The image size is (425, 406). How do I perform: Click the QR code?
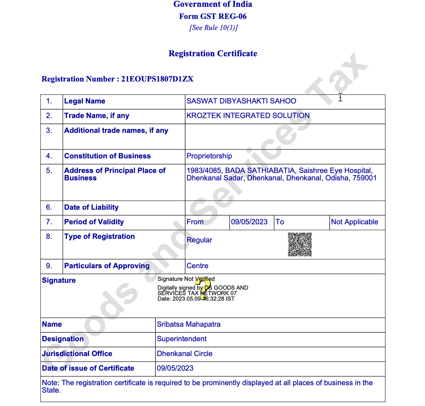[300, 244]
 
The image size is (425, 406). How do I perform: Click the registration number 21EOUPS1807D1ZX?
[157, 79]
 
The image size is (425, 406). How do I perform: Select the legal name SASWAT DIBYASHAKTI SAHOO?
[241, 101]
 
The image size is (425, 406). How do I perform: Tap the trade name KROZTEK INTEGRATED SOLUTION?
[248, 116]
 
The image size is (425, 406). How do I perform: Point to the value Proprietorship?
[209, 156]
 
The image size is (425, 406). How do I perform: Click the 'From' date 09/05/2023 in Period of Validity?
[249, 222]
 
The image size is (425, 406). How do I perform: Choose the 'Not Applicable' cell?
[354, 222]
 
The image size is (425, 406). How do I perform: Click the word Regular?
[199, 240]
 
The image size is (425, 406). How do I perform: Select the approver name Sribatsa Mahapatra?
[188, 324]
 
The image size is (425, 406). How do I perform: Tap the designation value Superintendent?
[181, 339]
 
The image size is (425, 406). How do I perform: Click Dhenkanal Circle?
[185, 354]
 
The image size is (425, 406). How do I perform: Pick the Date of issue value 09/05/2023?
[175, 368]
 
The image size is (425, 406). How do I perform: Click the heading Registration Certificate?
[212, 53]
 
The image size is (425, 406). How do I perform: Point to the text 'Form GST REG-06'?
[212, 16]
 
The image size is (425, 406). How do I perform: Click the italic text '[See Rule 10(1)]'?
[213, 28]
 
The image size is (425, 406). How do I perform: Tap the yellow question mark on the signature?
[204, 287]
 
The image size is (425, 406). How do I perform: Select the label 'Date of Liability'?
[91, 207]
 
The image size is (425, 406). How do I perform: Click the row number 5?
[49, 171]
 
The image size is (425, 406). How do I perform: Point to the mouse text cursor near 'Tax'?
[340, 97]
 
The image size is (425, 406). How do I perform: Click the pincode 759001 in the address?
[364, 178]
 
